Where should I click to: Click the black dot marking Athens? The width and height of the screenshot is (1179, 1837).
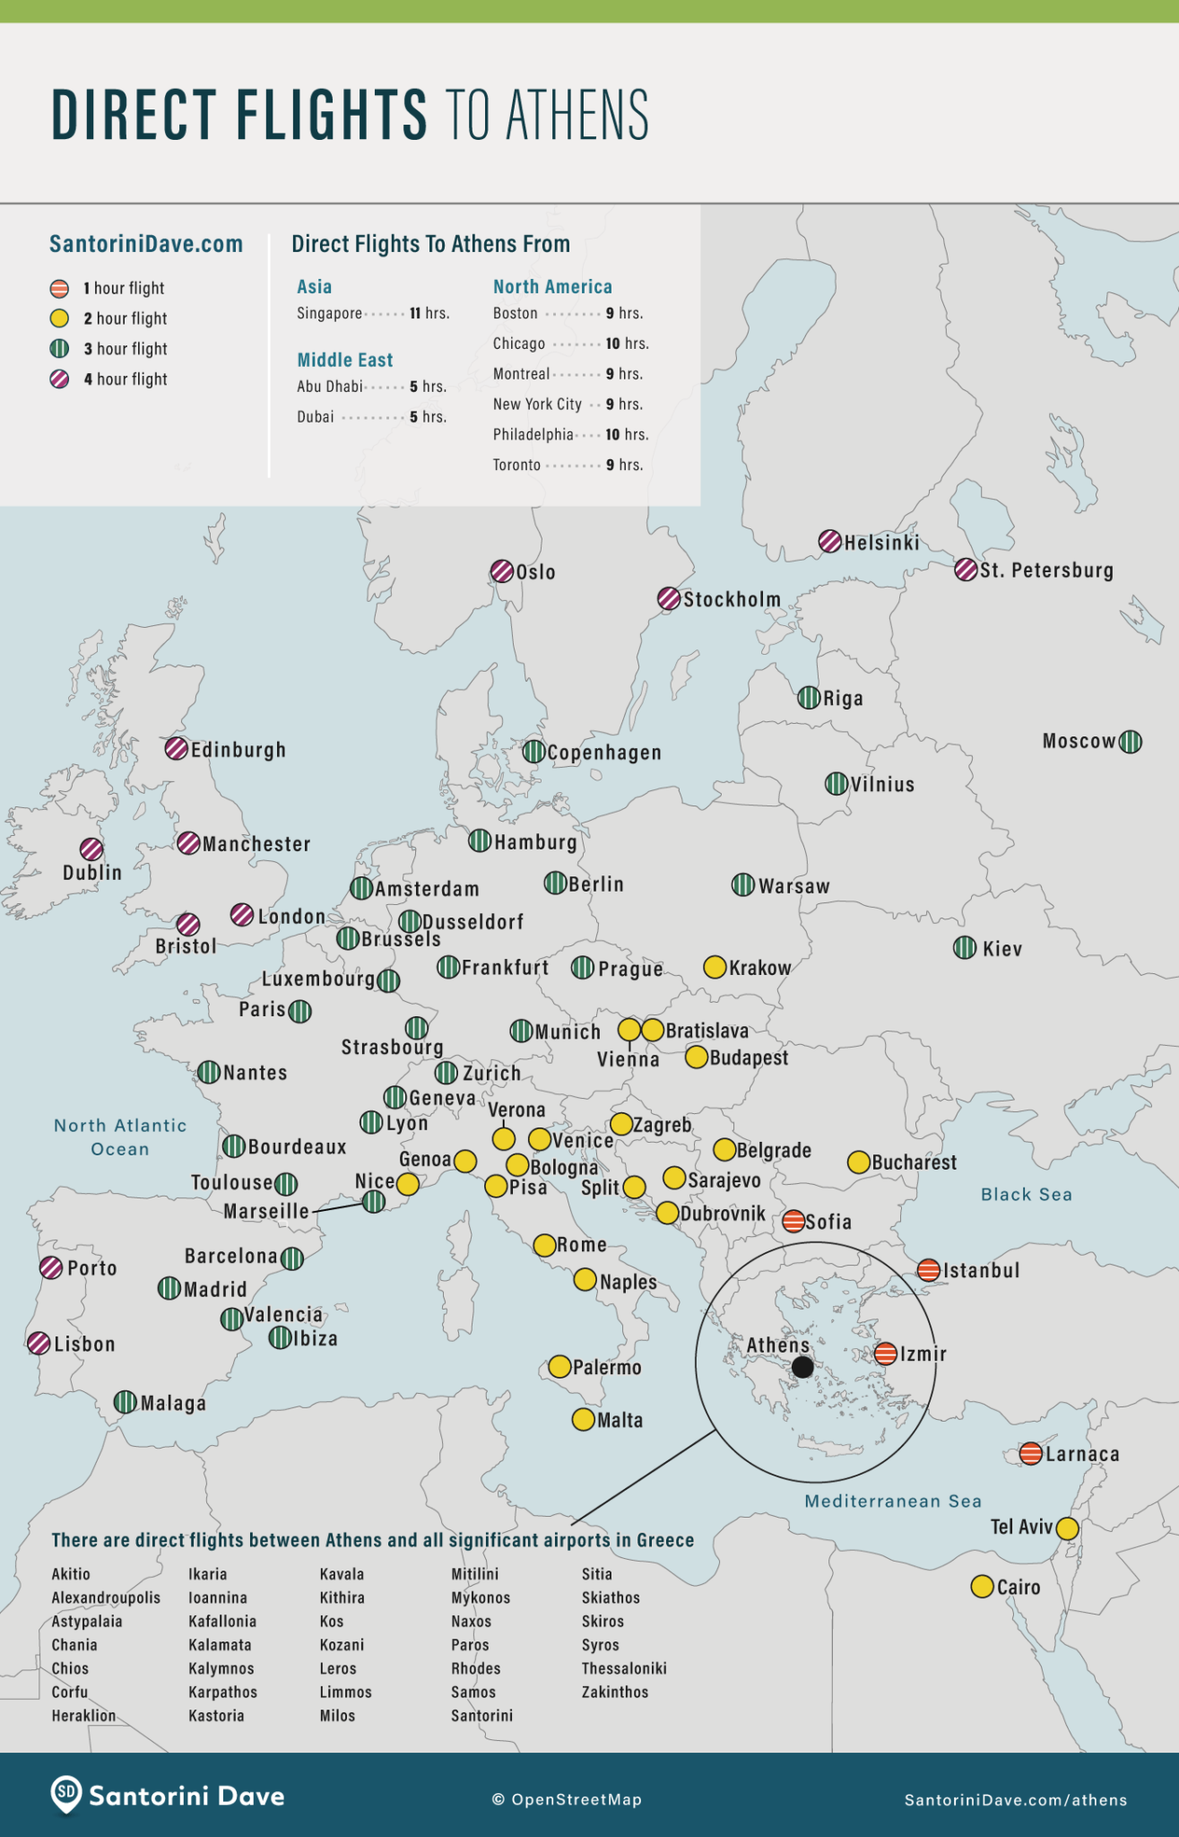(802, 1366)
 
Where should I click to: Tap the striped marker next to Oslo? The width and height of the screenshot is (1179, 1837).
(502, 571)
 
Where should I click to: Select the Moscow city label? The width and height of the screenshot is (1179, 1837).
(1079, 741)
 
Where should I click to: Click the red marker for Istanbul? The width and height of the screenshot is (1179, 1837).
(929, 1269)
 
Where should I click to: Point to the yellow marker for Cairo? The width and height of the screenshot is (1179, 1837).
(982, 1586)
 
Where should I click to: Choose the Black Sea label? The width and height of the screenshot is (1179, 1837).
(1026, 1194)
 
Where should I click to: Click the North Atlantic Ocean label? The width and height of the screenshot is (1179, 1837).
(120, 1136)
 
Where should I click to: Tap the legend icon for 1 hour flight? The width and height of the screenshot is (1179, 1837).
(59, 288)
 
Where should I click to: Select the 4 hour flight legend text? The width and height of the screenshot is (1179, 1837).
(126, 379)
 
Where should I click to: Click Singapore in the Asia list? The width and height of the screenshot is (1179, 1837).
(329, 313)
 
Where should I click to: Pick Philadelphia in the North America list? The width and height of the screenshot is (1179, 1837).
(533, 434)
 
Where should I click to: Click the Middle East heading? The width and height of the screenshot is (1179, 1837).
(344, 360)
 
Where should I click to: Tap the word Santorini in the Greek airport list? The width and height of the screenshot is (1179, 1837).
(481, 1715)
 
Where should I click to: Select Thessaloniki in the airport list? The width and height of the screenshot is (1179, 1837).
(623, 1667)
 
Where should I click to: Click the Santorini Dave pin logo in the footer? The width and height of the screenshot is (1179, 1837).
(65, 1794)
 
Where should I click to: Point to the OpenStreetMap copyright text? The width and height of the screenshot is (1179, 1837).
(567, 1799)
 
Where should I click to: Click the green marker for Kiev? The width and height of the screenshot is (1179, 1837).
(965, 947)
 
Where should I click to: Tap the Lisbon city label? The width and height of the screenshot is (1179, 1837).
(84, 1344)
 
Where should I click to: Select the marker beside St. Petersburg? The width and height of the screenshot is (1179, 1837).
(966, 570)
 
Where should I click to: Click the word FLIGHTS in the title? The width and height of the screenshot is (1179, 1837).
(331, 115)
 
